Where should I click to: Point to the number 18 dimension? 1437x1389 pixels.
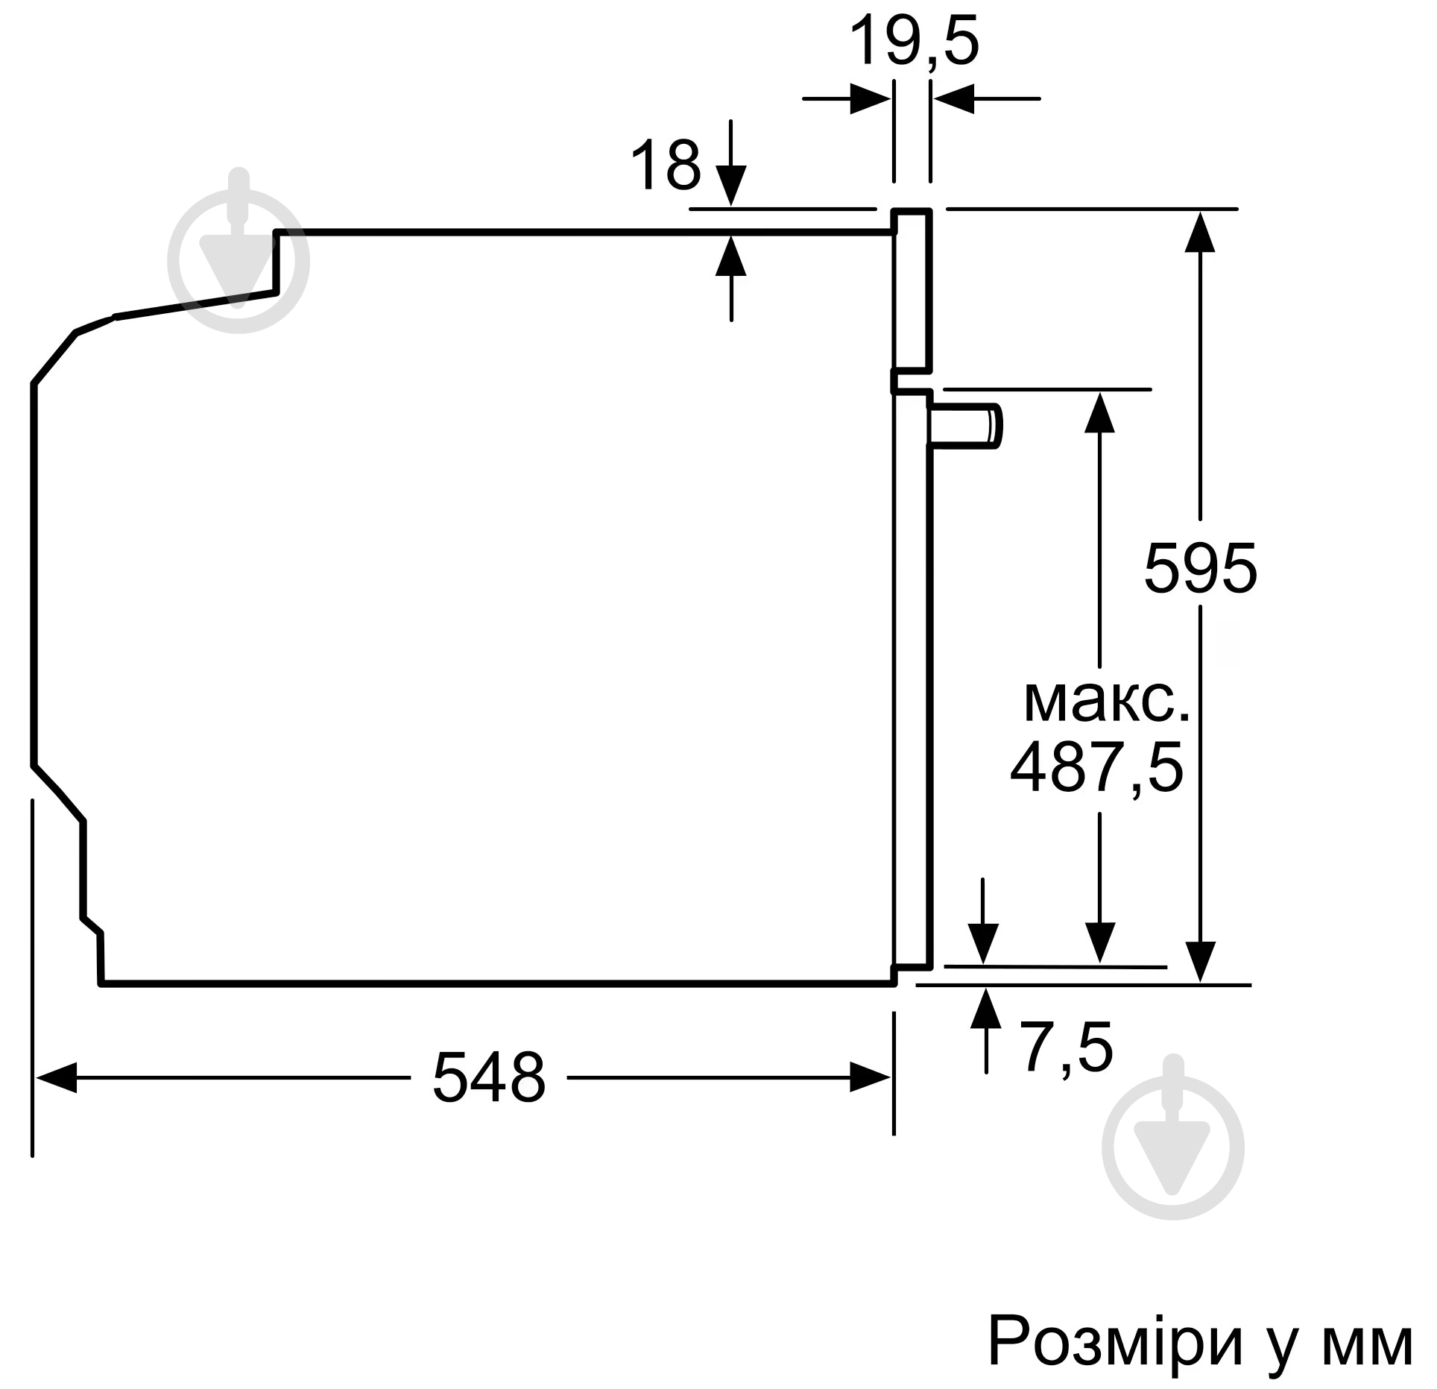pos(666,166)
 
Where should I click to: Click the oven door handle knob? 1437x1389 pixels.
pos(964,426)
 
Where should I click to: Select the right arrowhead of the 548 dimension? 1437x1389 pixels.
pos(871,1077)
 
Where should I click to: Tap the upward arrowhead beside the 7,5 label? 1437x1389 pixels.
pos(987,1007)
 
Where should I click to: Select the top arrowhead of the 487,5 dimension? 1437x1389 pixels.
pos(1099,412)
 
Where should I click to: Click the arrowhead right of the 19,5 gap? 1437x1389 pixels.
pos(953,98)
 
